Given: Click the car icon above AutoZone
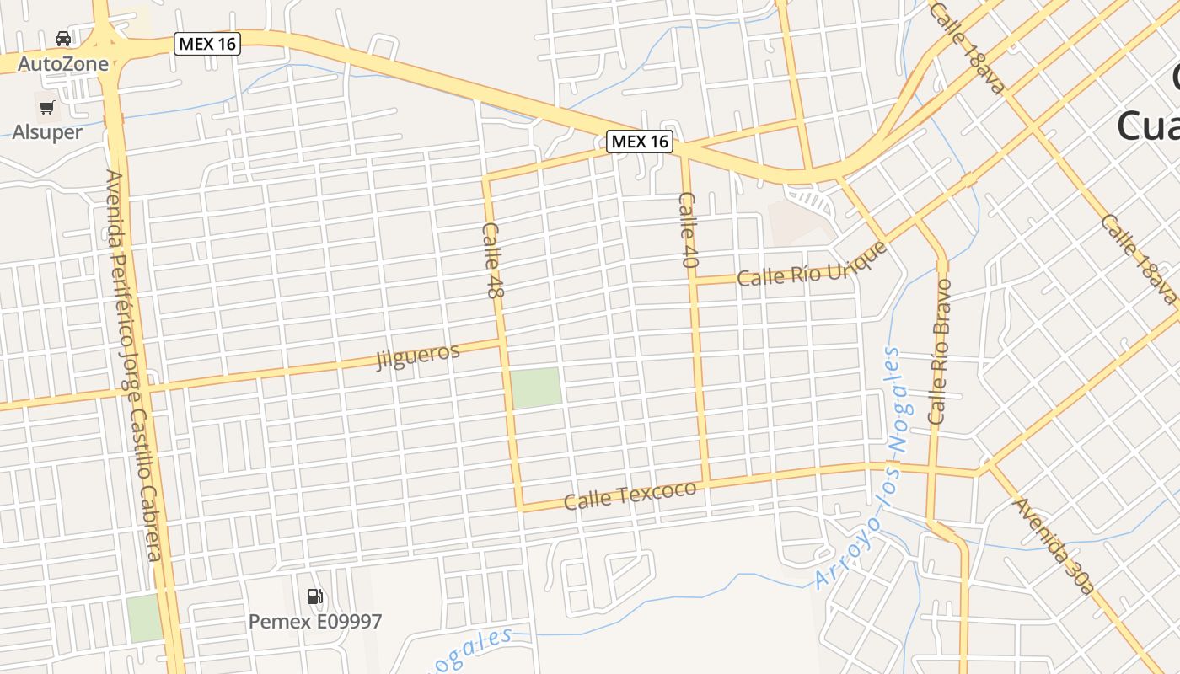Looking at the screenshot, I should [63, 38].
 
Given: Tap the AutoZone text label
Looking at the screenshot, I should [63, 64].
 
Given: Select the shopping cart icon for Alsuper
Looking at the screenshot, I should [47, 107].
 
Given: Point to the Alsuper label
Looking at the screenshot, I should [47, 132].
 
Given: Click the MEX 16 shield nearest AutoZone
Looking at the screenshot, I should [207, 43].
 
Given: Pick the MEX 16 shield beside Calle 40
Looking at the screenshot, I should [641, 142].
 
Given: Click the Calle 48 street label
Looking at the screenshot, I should [492, 259].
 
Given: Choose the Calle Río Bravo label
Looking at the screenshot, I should [939, 350].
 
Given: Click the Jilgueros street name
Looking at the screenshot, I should [418, 356].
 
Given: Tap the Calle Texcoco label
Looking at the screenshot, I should [630, 495].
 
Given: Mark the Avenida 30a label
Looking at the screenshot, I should [1054, 545].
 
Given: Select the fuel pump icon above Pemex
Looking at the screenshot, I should [315, 596].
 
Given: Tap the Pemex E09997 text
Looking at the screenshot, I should [314, 622].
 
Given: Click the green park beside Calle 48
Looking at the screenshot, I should [536, 388].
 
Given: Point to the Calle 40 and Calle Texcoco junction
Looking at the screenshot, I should [706, 482].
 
